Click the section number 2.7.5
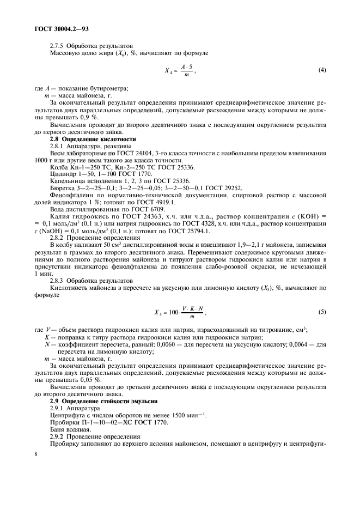coord(58,45)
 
